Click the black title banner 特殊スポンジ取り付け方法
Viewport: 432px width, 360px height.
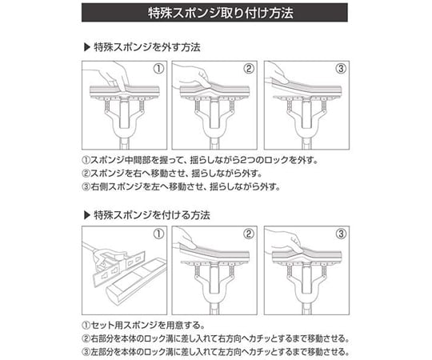point(215,14)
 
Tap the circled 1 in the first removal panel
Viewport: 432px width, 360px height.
point(158,68)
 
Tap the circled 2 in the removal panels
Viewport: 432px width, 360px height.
point(249,68)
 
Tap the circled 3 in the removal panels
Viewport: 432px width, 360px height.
point(340,68)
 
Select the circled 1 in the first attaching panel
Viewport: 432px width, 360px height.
point(158,234)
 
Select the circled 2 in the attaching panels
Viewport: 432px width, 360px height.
point(249,234)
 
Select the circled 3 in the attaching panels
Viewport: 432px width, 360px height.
point(340,234)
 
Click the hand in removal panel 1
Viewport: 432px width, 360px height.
point(112,78)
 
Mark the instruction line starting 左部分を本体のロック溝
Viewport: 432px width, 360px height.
point(216,351)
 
